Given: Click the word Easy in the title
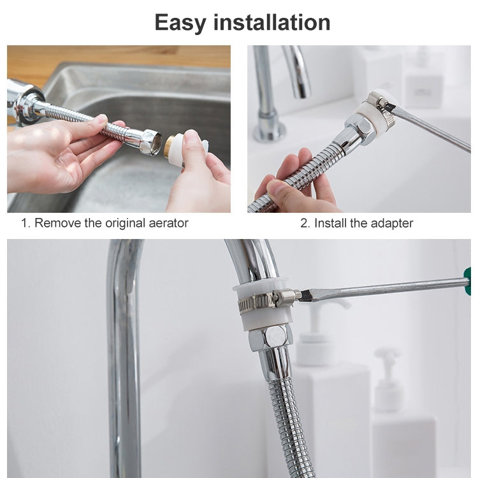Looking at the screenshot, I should [180, 23].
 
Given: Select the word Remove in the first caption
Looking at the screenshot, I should [56, 223].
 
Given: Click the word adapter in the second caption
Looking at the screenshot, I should [391, 223].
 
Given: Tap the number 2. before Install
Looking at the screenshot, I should [305, 223].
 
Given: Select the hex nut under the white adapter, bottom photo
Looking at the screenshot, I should [270, 337].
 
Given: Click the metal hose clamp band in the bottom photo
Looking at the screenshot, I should [258, 301].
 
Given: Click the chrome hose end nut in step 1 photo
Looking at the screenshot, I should [150, 141].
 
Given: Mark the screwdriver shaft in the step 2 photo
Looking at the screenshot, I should [433, 130].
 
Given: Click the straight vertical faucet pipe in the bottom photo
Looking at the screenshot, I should [124, 357].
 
